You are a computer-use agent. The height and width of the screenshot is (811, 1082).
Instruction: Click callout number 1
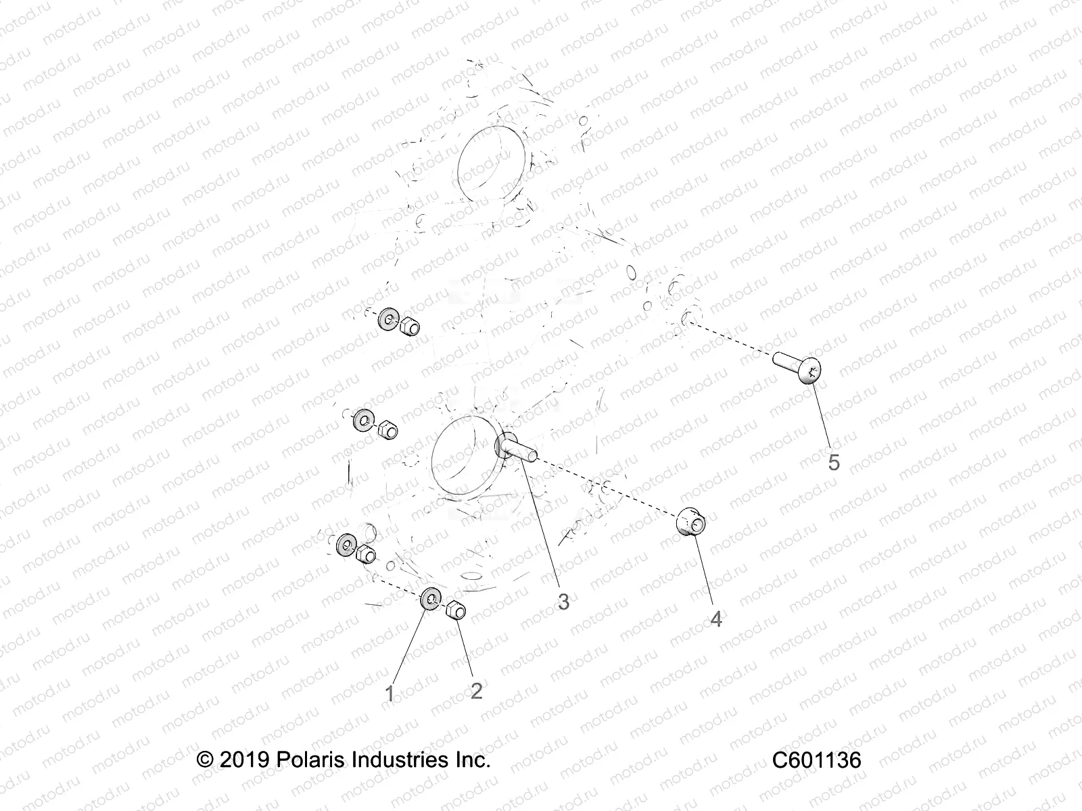pos(390,693)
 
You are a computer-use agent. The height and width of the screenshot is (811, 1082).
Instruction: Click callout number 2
pos(476,691)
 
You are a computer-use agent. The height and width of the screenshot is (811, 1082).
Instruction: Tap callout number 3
pos(563,601)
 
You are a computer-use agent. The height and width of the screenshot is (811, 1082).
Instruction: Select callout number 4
pos(716,618)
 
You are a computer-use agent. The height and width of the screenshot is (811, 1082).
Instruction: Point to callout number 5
pos(834,462)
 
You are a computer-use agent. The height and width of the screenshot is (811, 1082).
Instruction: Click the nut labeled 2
pos(455,609)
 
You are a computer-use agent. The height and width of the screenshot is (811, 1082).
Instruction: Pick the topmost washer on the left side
pos(389,319)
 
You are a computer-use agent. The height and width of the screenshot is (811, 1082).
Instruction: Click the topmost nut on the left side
pos(408,327)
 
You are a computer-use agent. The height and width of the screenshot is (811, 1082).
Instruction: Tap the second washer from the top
pos(363,421)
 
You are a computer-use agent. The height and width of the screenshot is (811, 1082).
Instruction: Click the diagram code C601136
pos(817,761)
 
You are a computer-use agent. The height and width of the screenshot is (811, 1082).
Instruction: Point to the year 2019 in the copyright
pos(244,761)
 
